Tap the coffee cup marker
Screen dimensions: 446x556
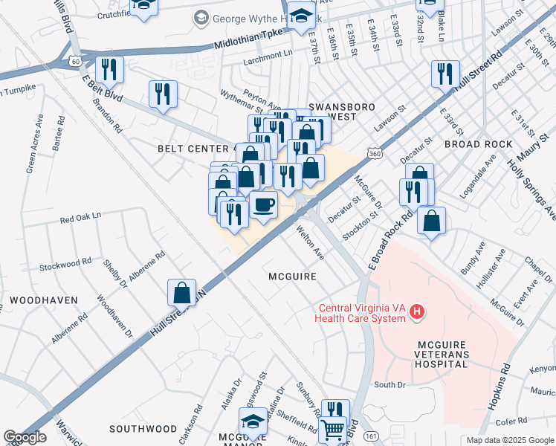point(262,204)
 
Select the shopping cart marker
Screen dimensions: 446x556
point(332,430)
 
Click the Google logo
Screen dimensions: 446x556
point(25,437)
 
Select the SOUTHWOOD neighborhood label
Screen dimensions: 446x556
point(143,429)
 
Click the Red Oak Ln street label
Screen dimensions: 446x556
point(80,219)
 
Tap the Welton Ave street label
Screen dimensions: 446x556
point(311,245)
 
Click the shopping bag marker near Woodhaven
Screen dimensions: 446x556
point(181,293)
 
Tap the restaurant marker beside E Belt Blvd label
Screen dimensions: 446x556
point(109,69)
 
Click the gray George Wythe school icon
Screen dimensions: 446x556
point(201,17)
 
